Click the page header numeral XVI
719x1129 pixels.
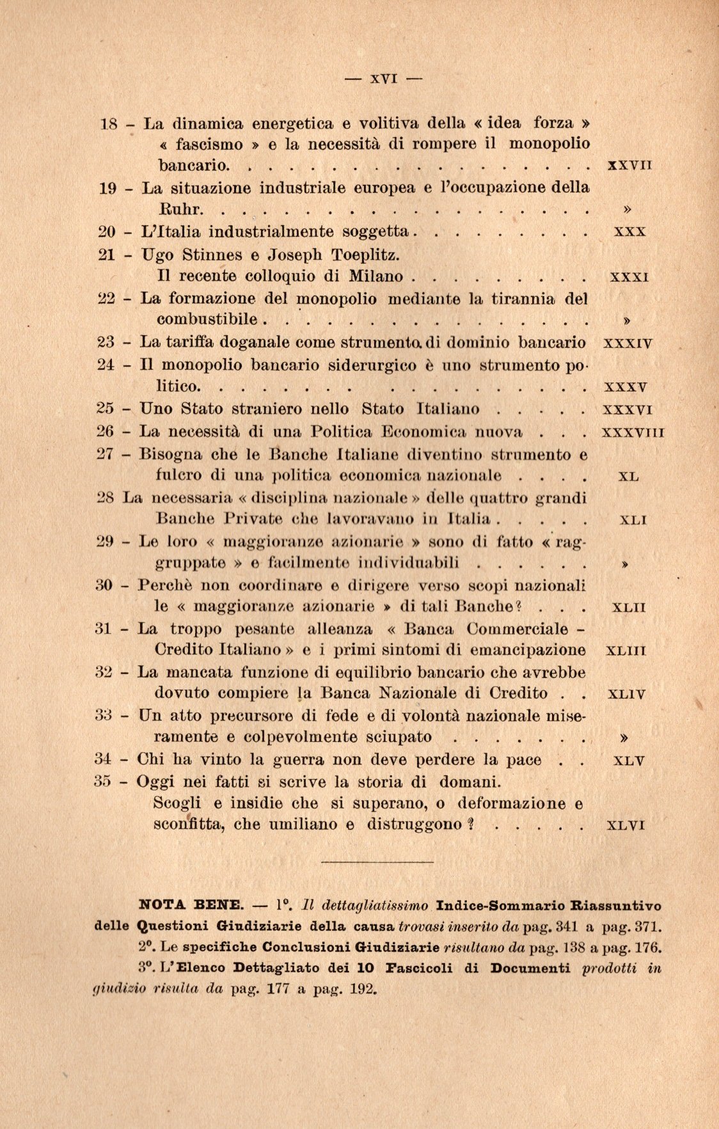pos(384,79)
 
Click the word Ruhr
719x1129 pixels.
pos(180,209)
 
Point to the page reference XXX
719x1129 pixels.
pos(629,232)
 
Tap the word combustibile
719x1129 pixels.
pos(207,319)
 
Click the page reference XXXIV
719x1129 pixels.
pos(628,343)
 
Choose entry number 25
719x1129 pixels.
pos(106,409)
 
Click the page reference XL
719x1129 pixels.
pos(629,477)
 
